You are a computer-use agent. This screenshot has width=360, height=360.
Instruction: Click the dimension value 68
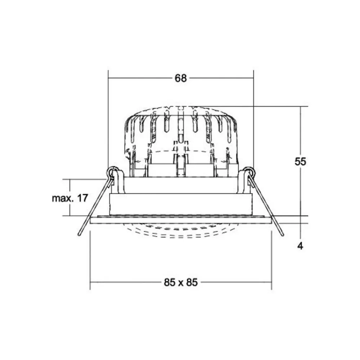pyautogui.click(x=181, y=78)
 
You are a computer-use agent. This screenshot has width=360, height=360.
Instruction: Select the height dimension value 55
pyautogui.click(x=300, y=162)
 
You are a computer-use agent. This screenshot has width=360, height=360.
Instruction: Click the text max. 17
pyautogui.click(x=70, y=198)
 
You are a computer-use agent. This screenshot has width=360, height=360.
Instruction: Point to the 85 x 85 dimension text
pyautogui.click(x=181, y=282)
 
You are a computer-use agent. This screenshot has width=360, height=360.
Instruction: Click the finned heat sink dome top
pyautogui.click(x=181, y=112)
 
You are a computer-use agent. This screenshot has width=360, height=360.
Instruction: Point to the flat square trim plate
pyautogui.click(x=181, y=220)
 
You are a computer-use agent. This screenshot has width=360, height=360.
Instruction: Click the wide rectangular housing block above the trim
pyautogui.click(x=181, y=204)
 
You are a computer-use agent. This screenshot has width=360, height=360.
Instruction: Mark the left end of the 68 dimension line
pyautogui.click(x=108, y=78)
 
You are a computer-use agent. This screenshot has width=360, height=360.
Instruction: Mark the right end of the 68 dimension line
pyautogui.click(x=253, y=78)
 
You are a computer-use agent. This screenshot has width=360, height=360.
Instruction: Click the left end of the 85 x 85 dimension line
pyautogui.click(x=90, y=282)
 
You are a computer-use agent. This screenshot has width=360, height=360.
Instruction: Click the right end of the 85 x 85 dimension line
pyautogui.click(x=271, y=282)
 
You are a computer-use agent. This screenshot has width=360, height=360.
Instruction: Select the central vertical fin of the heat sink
pyautogui.click(x=181, y=126)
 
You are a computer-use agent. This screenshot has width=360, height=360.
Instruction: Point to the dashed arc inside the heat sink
pyautogui.click(x=181, y=151)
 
